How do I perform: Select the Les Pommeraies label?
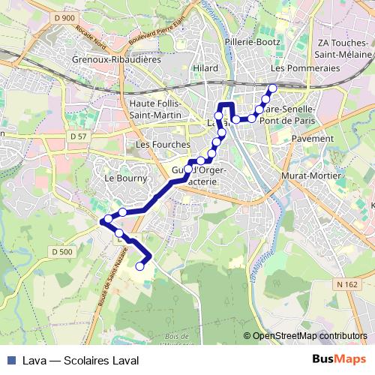tap(304, 68)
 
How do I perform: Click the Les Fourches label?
tap(158, 143)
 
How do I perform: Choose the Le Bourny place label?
tap(119, 178)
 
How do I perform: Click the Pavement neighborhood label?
tap(312, 139)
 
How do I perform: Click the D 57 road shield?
tap(76, 136)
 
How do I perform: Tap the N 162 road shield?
tap(346, 284)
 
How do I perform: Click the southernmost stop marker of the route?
tap(139, 265)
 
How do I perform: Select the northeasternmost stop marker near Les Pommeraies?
tap(272, 89)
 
